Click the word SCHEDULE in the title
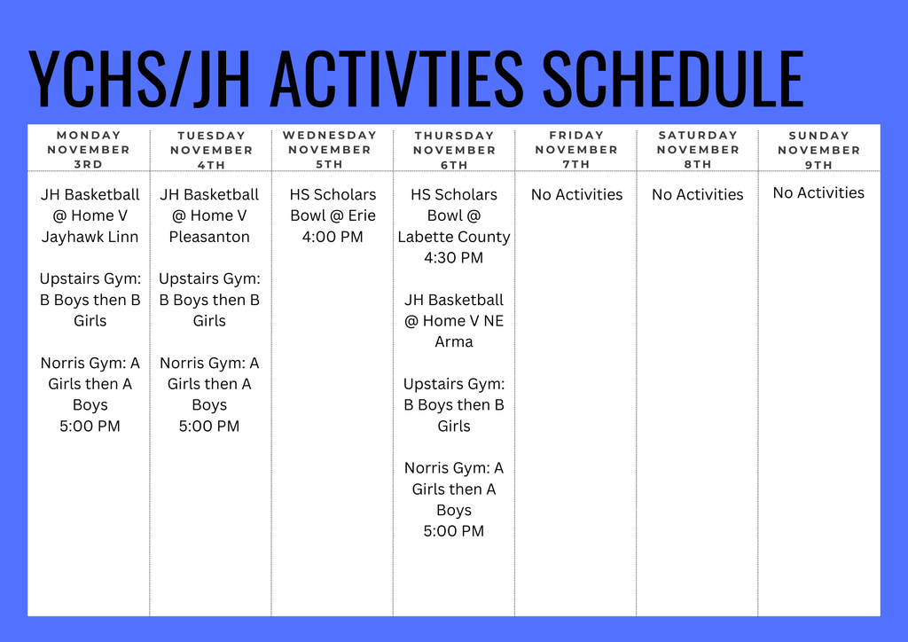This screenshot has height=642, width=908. pos(673,79)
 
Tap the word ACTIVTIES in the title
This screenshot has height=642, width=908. pos(396,79)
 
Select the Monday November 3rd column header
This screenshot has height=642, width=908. pos(89,150)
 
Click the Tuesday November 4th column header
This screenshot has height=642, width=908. pos(211,150)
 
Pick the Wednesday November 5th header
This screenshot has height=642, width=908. pos(330,150)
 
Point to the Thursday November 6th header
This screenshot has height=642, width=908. pos(454,150)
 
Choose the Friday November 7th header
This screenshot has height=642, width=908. pos(576,150)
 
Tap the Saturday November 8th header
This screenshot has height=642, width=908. pos(698,150)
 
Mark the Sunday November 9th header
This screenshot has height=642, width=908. pos(818,150)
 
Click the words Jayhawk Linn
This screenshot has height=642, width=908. pos(90,237)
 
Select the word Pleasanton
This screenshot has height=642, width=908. pos(209,237)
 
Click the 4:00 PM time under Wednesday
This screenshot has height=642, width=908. pos(333,237)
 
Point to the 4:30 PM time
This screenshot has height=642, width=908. pos(453,258)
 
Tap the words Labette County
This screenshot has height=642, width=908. pos(454,237)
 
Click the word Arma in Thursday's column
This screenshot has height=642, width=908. pos(454,341)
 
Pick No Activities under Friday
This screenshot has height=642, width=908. pos(576,194)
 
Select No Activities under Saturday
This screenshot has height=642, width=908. pos(698,194)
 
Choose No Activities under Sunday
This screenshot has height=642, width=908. pos(818,192)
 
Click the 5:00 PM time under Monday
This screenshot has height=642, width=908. pos(90,426)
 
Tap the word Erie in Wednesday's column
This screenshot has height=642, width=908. pos(362,215)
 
